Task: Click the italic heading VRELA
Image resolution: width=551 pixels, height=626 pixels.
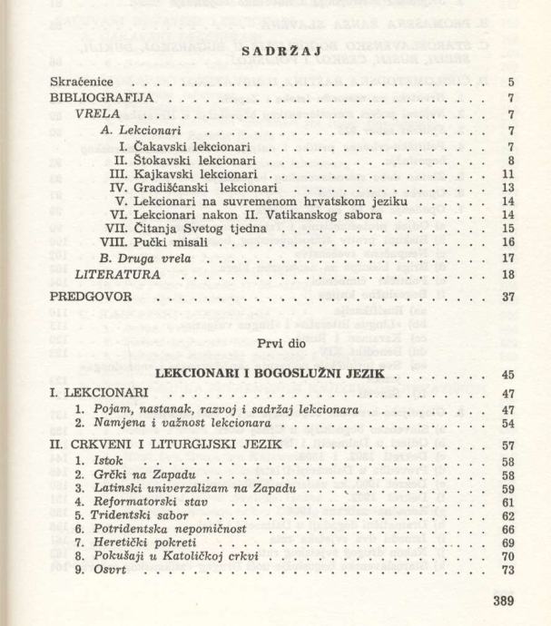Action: pos(94,116)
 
